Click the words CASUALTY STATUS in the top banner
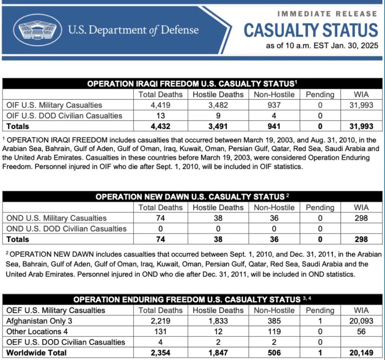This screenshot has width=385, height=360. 311,30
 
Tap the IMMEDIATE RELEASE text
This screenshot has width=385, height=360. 327,14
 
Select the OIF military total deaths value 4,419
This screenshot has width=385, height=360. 160,105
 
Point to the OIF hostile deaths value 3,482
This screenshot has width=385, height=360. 218,105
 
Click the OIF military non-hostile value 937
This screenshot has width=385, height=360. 274,105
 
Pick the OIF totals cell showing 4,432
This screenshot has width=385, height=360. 160,126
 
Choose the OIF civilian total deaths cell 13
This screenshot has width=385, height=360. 160,116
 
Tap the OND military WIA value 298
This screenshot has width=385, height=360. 361,218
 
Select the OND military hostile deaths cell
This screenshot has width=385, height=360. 218,218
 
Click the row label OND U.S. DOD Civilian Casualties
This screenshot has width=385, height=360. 67,229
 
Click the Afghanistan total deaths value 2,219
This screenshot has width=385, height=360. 160,321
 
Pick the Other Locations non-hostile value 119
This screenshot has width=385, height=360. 274,331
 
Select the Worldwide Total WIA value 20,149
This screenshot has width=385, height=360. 361,353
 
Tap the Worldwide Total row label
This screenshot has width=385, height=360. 36,353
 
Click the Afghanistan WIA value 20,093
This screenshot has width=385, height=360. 361,321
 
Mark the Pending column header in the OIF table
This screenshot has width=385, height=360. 320,94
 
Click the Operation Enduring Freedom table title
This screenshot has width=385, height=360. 187,299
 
